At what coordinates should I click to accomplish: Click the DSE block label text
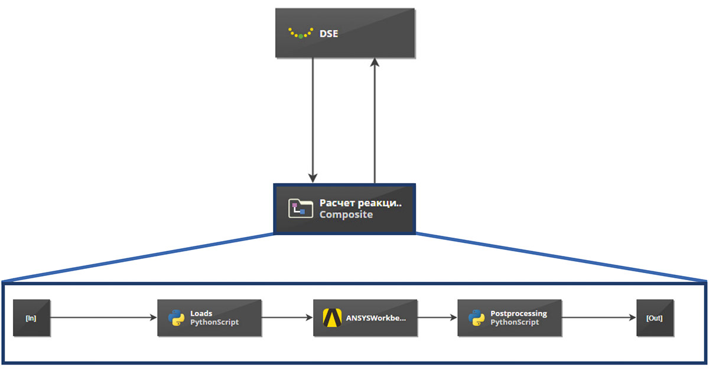329,34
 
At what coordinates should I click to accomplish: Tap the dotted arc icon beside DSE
301,33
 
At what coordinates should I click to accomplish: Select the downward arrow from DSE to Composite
313,118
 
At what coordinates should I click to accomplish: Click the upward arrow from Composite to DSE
374,118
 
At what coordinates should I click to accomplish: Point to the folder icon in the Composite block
301,209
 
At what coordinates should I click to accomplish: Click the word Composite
346,215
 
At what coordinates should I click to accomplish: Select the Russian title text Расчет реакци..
360,203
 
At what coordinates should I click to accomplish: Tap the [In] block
31,318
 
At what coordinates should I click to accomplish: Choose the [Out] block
655,318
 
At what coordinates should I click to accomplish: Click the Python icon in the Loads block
176,318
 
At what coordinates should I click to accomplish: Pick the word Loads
201,313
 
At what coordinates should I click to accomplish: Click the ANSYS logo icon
333,318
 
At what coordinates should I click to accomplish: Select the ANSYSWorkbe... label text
376,318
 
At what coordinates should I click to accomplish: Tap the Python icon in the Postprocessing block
476,318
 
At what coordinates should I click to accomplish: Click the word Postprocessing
519,313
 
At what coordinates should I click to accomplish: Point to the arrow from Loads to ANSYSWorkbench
287,318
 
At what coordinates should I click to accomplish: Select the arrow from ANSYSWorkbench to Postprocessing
437,318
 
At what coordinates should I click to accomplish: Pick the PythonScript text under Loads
214,323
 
